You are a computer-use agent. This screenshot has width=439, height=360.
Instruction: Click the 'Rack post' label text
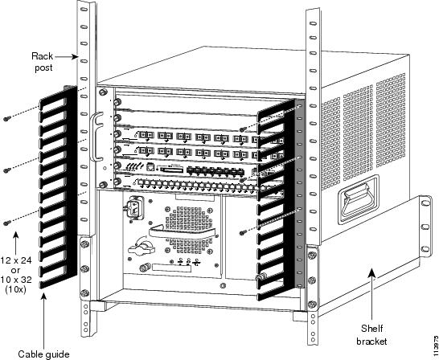42,62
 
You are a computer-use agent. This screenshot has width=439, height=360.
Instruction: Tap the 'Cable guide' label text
43,354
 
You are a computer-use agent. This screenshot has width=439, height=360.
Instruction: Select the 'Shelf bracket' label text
371,334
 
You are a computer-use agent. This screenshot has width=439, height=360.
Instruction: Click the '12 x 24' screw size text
16,260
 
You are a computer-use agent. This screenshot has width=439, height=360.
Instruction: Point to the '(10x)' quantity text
16,289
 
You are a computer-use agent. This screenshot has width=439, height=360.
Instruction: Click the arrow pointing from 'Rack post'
66,57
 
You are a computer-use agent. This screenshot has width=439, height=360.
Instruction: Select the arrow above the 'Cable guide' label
44,320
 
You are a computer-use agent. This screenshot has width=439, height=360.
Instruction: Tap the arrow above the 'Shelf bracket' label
372,294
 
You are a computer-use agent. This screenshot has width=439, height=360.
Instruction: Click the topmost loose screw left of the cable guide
6,119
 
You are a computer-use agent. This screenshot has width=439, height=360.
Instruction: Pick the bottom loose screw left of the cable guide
6,223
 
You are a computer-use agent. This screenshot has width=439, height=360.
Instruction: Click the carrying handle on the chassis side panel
359,199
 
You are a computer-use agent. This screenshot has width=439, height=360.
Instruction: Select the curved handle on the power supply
183,233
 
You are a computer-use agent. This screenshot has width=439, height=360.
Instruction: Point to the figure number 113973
436,345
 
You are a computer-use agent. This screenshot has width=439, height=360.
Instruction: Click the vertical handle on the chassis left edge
95,137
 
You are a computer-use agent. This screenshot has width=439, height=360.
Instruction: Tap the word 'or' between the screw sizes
16,271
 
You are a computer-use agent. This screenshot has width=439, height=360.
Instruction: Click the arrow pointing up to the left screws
16,243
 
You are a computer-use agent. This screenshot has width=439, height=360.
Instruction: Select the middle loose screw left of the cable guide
6,170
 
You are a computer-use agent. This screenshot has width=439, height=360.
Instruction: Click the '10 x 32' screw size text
16,280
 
